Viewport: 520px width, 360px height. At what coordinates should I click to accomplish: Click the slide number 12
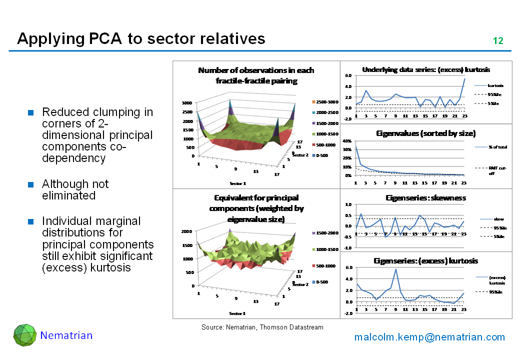(x=498, y=41)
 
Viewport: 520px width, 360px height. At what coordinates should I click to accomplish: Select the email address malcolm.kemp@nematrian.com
(x=429, y=337)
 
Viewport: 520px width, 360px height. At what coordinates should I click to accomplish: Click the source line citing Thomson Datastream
(x=262, y=327)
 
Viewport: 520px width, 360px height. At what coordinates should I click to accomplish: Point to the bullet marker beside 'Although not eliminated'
(x=30, y=184)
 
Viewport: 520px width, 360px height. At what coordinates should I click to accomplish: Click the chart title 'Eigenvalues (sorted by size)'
(x=425, y=133)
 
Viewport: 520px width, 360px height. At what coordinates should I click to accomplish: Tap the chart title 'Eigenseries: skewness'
(x=425, y=198)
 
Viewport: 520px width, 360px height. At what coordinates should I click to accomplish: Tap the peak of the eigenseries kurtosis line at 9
(x=395, y=269)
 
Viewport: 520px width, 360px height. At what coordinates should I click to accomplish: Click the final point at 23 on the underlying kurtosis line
(x=464, y=78)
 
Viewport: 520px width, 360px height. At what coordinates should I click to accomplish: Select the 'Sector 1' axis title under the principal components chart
(x=237, y=313)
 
